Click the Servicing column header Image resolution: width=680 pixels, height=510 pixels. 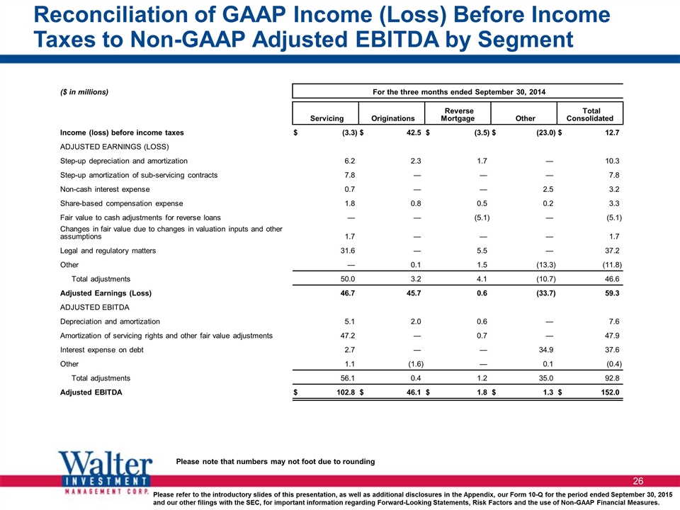327,118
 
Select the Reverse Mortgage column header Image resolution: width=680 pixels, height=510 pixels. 458,115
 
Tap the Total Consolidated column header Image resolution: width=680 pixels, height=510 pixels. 590,115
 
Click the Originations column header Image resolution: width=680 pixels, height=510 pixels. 393,118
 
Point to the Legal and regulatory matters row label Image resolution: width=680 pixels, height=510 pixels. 108,251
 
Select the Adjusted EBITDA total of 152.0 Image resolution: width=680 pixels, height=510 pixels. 610,392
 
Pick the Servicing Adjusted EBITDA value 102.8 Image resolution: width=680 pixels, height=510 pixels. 346,392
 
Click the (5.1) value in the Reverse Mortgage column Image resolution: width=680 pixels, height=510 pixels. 482,217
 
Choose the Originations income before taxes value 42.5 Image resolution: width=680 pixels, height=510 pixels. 414,132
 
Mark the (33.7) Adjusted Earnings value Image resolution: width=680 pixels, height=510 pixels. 545,293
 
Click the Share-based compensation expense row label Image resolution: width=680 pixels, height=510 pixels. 121,203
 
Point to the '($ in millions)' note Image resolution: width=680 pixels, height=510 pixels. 84,92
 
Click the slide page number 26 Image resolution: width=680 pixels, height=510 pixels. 638,481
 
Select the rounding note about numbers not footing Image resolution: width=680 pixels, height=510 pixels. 276,461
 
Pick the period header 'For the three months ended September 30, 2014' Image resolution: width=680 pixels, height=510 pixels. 459,92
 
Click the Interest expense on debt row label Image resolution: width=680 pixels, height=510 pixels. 101,350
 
